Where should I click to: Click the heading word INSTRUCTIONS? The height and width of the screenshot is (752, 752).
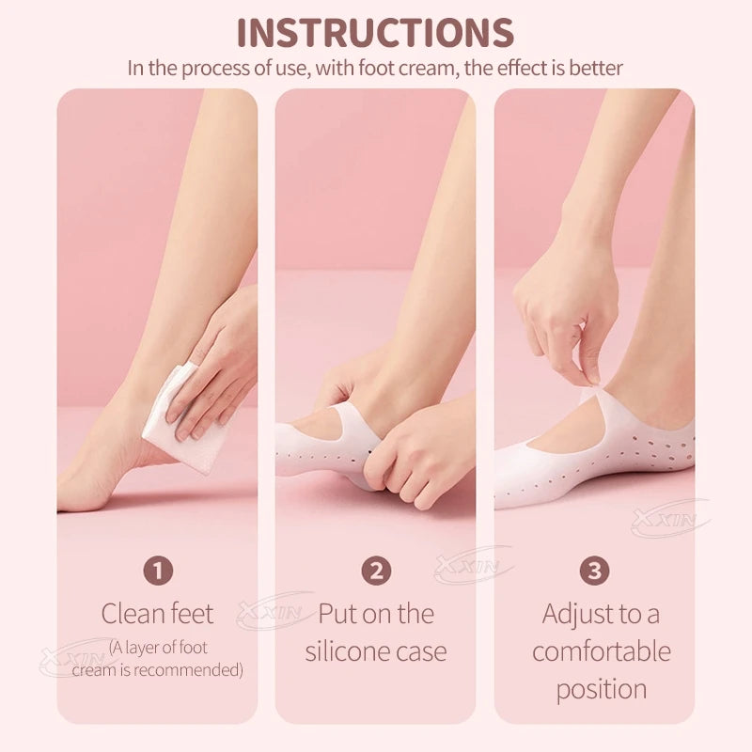coord(375,33)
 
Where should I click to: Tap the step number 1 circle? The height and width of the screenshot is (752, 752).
coord(158,571)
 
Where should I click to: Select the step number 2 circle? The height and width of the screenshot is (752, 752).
coord(376,571)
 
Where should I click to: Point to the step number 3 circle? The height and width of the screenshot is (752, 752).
coord(594,571)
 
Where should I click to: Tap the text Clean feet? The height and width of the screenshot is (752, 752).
coord(157,614)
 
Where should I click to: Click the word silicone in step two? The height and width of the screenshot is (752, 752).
coord(346,651)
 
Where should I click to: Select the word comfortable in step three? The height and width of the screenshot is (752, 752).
coord(602,651)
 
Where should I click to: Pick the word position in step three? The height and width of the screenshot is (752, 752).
coord(602,690)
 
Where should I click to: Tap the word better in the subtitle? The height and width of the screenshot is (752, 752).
coord(596,68)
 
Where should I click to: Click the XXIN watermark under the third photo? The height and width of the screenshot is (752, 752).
coord(670,518)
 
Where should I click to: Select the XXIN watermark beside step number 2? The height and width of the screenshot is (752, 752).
coord(474,566)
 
